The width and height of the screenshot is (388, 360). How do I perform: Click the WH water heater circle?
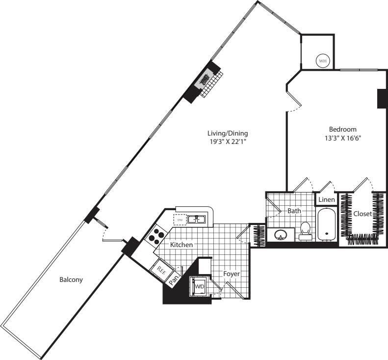tap(322, 61)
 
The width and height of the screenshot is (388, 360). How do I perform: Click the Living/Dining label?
tap(228, 133)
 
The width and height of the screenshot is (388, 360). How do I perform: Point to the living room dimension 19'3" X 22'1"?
tap(228, 142)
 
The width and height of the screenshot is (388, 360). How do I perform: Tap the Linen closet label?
tap(326, 200)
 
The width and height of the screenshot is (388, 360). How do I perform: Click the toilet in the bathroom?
tap(305, 230)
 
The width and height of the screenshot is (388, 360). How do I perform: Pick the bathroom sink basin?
tap(280, 235)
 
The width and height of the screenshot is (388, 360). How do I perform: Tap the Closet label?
tap(362, 214)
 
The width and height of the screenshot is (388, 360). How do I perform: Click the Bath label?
tap(294, 211)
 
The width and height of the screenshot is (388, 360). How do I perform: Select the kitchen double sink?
tap(197, 219)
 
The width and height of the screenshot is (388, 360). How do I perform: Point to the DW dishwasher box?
tap(180, 220)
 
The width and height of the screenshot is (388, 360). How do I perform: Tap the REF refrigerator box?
tap(161, 269)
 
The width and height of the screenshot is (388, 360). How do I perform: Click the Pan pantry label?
tap(174, 280)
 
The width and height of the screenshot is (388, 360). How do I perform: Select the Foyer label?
tap(232, 274)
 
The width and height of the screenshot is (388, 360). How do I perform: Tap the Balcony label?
tap(71, 280)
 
